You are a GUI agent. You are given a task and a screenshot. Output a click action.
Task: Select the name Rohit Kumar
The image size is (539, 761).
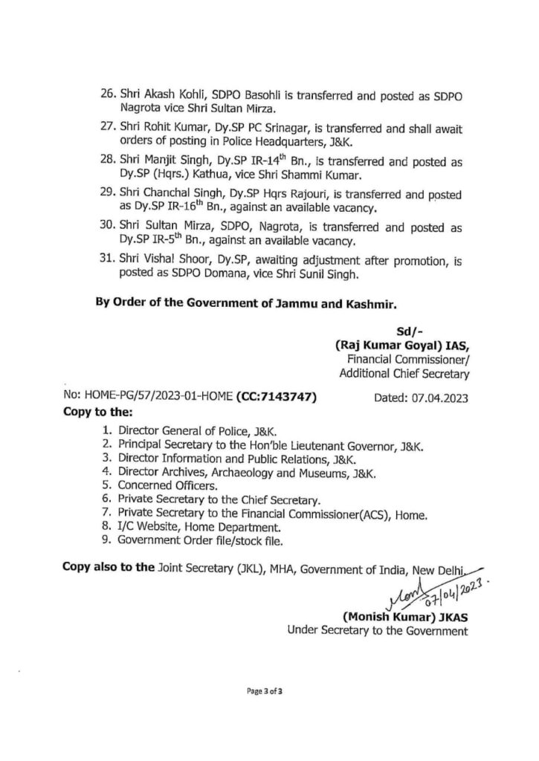click(166, 128)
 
